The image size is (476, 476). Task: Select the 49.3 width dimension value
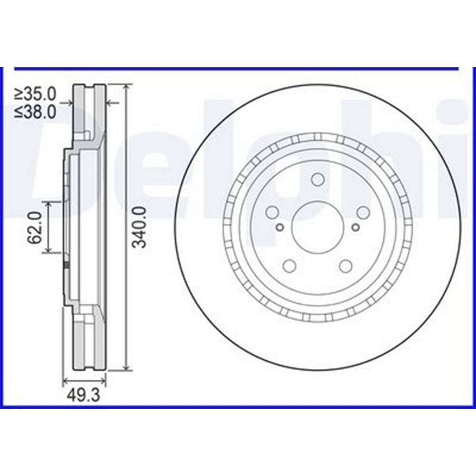coord(83,396)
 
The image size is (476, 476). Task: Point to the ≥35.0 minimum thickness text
coord(36,94)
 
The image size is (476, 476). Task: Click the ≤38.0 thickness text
coord(36,112)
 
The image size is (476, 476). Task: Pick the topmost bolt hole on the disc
coord(317,179)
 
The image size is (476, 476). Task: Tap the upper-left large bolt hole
coord(272,212)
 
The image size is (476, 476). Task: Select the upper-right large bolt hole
coord(363,212)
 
